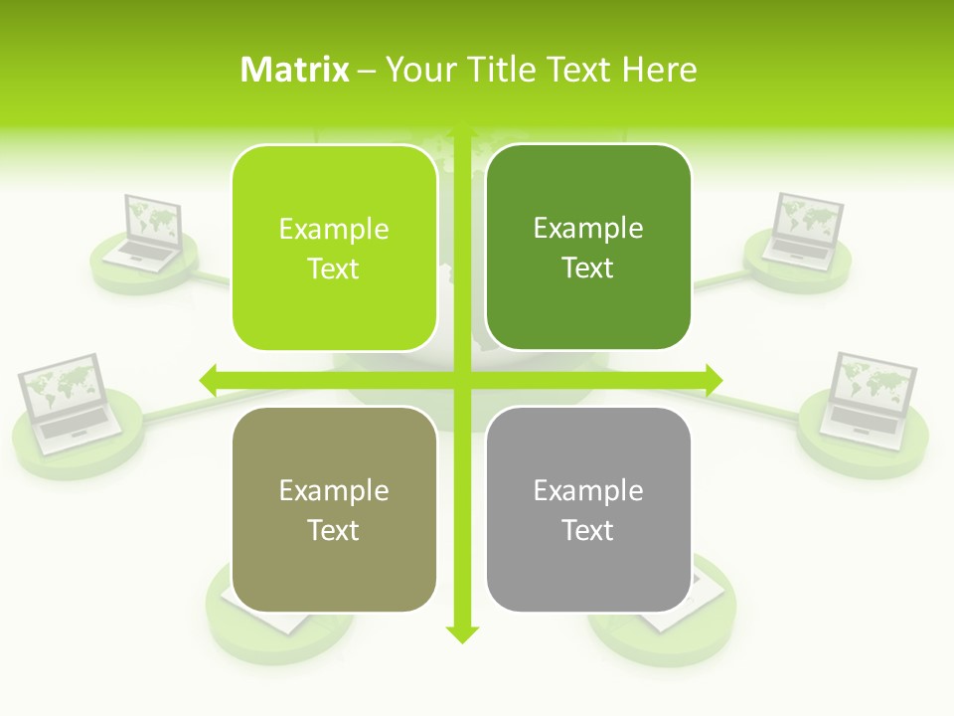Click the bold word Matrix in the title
click(295, 70)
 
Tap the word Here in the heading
click(659, 70)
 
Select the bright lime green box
click(334, 248)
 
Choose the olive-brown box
click(334, 509)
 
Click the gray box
click(588, 509)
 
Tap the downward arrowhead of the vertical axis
click(461, 633)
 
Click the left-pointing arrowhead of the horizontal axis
click(208, 379)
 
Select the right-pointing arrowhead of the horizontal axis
click(714, 379)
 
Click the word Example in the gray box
click(588, 490)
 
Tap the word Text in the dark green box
click(588, 268)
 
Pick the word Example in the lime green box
click(334, 229)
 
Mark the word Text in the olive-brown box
click(334, 530)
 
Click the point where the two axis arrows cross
click(461, 379)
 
